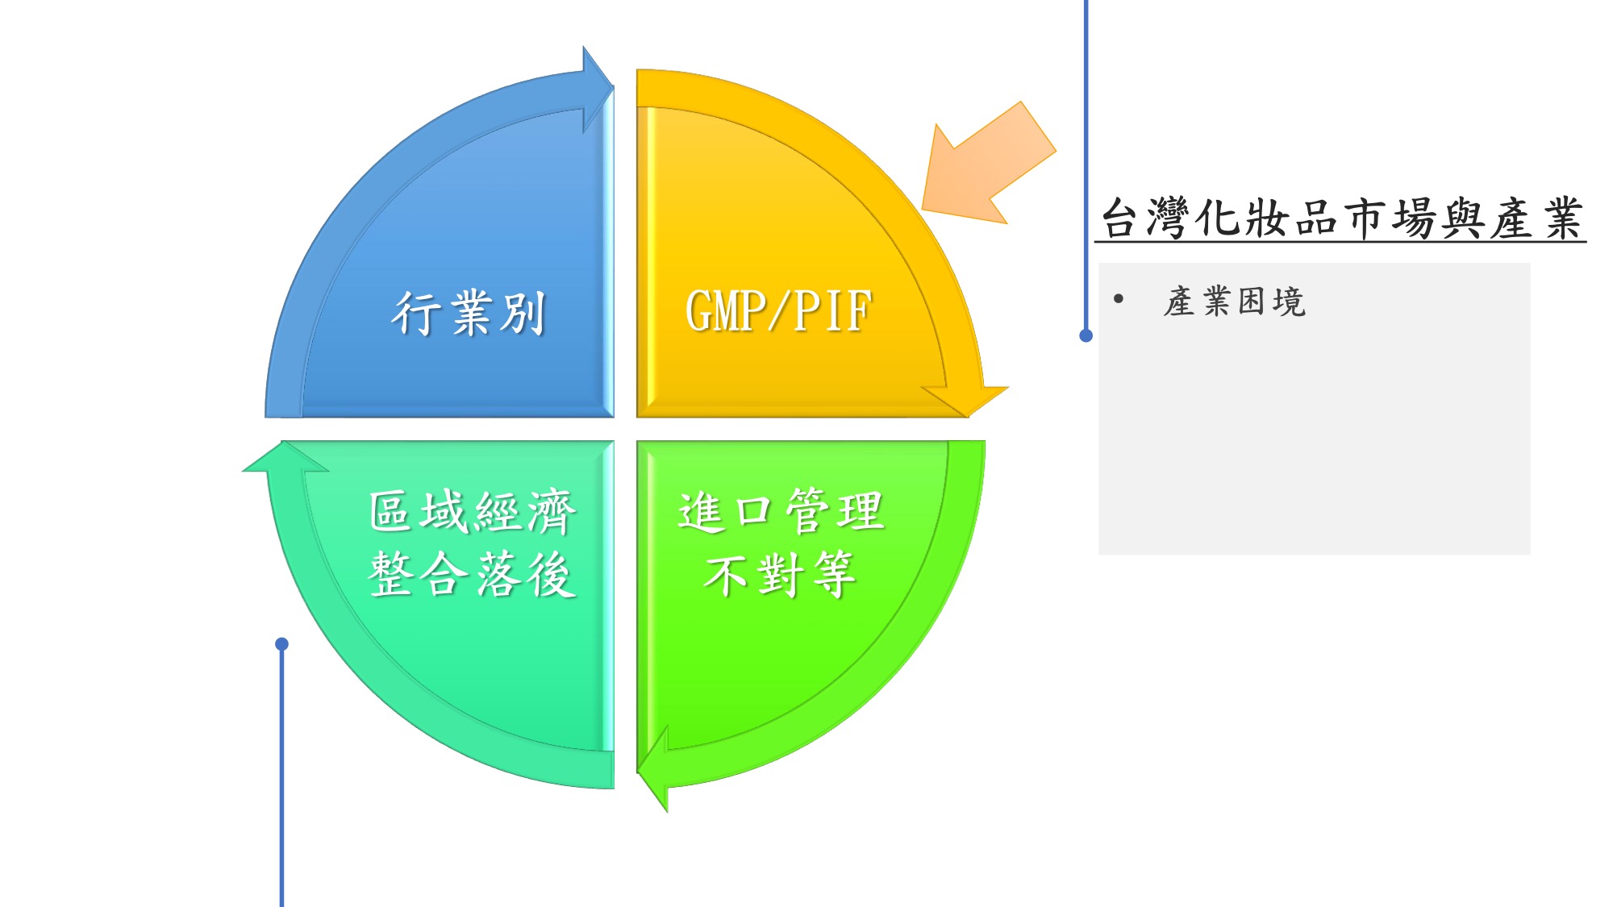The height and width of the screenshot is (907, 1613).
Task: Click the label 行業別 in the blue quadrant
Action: click(x=469, y=313)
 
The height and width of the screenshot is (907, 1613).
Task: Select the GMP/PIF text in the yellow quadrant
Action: click(x=778, y=310)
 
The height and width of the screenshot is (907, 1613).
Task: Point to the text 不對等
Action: click(x=779, y=574)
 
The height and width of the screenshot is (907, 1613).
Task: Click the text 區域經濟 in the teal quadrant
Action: click(x=472, y=511)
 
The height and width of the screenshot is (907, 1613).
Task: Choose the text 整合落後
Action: click(x=472, y=574)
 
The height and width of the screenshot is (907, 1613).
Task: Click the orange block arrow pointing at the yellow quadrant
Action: click(x=989, y=163)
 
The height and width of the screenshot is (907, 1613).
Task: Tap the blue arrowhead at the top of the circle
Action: click(x=598, y=89)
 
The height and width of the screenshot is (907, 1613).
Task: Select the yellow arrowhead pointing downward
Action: click(x=965, y=401)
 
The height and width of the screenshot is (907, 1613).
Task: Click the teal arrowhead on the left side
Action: click(x=286, y=456)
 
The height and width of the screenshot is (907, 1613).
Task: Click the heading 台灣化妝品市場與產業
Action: click(x=1341, y=218)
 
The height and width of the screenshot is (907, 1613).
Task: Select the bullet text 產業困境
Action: click(x=1235, y=302)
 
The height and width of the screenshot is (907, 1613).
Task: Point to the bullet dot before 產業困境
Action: click(x=1118, y=299)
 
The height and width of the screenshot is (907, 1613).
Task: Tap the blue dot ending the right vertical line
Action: click(x=1086, y=335)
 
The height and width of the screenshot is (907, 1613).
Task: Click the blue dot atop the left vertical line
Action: click(x=281, y=643)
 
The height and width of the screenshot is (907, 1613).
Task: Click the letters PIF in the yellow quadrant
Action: click(x=833, y=310)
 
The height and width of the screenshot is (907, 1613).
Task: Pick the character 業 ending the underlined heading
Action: click(x=1562, y=218)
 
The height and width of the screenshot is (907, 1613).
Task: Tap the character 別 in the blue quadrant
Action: click(x=522, y=313)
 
